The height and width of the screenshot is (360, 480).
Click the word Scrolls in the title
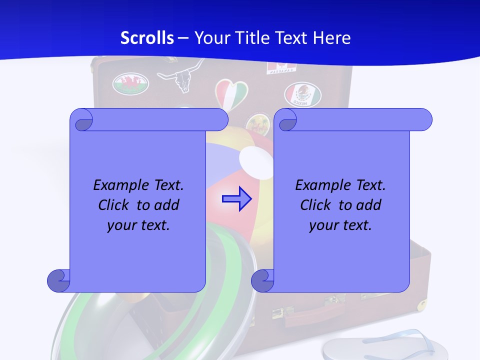pos(147,38)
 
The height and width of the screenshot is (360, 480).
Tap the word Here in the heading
pos(332,38)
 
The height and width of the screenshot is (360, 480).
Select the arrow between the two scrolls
pos(236,198)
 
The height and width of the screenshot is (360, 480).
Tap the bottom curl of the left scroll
pos(58,280)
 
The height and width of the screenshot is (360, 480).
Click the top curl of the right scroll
pos(286,120)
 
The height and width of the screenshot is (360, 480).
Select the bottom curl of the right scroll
pos(262,280)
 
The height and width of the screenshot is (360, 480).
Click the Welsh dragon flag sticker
pos(130,83)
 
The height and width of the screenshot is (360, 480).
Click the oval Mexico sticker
pos(302,94)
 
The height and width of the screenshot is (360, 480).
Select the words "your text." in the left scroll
pos(138,225)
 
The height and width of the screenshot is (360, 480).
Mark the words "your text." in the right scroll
pos(340,225)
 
